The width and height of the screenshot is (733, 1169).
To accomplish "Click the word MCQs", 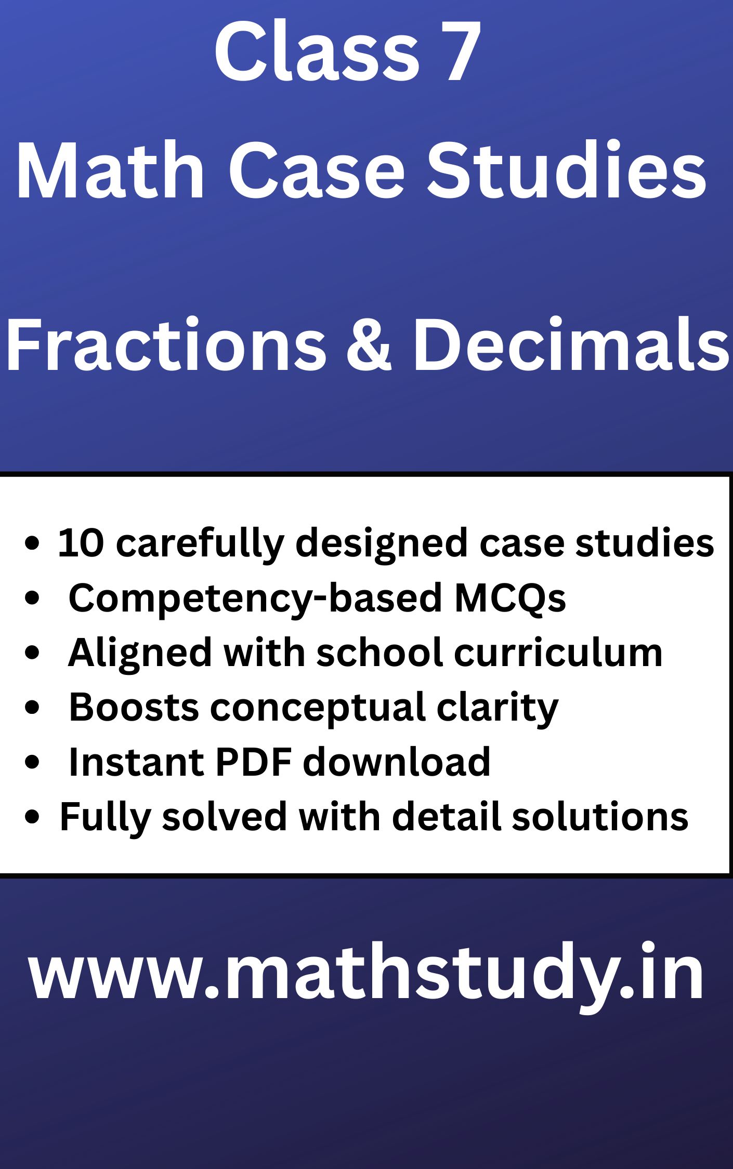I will pos(509,598).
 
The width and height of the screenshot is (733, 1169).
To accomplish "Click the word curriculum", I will pos(558,653).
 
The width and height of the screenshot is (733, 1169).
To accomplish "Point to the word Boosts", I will pos(134,707).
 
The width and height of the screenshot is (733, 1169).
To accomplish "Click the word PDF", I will pos(253,762).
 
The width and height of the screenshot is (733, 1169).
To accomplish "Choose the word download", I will pos(396,762).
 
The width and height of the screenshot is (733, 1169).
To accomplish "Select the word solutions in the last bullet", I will pos(600,817).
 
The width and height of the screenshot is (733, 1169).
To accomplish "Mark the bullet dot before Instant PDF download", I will pos(32,762).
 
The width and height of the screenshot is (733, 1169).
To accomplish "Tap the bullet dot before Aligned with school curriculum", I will pos(32,653).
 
